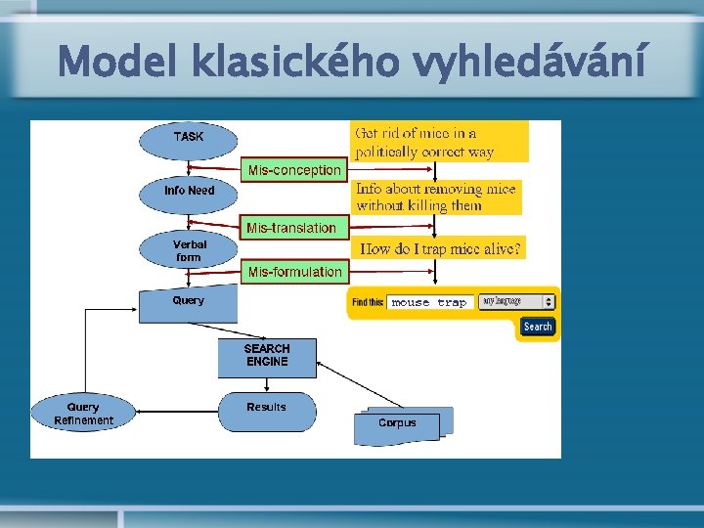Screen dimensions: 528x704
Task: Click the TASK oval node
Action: click(x=189, y=138)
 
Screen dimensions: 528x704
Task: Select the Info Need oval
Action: click(x=189, y=191)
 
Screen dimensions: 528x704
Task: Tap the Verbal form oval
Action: click(x=189, y=250)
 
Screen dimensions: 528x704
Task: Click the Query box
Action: click(x=189, y=302)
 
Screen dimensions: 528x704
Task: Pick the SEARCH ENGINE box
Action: click(x=267, y=355)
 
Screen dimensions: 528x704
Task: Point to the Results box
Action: click(x=267, y=410)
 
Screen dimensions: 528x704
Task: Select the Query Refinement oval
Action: click(x=83, y=414)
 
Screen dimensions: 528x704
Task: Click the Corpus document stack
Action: click(x=398, y=423)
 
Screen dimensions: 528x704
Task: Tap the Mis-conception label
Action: click(x=294, y=170)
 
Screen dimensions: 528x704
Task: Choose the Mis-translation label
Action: click(x=291, y=228)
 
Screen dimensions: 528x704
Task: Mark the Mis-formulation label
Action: click(x=294, y=272)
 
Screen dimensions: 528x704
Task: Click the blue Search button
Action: click(x=537, y=327)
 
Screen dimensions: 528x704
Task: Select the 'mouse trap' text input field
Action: click(x=429, y=303)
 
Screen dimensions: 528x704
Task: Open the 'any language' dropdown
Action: click(x=515, y=302)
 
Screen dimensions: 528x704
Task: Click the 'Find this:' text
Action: click(x=368, y=303)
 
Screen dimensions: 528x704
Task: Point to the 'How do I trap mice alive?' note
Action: click(x=441, y=249)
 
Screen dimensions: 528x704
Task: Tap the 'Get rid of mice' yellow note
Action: click(x=439, y=142)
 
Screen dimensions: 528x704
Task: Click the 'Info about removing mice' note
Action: click(x=436, y=197)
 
